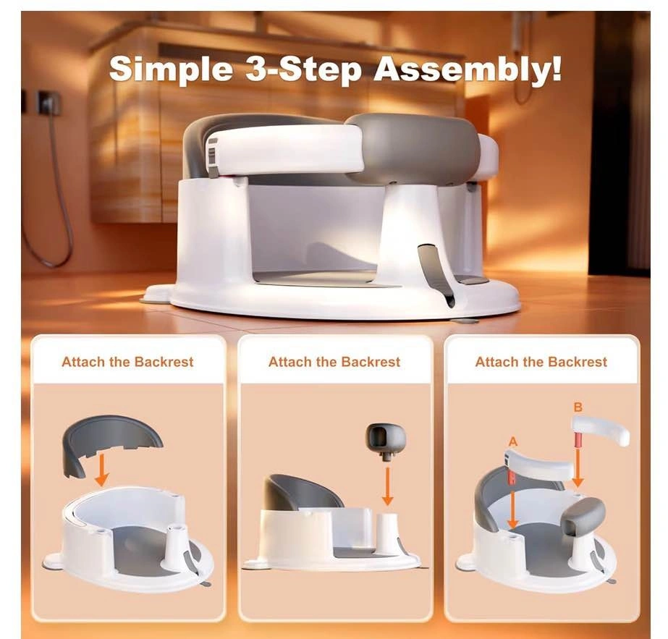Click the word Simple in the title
pos(171,69)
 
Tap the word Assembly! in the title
pos(468,69)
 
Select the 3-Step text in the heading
pos(303,69)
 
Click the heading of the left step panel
pos(127,362)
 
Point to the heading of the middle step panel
pos(334,362)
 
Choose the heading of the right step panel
pos(541,362)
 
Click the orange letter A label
pos(513,441)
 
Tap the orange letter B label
pos(578,407)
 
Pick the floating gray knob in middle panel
pos(386,441)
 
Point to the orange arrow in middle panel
pos(387,486)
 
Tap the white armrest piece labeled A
pos(539,463)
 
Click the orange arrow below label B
pos(578,467)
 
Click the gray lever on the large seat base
pos(434,273)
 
